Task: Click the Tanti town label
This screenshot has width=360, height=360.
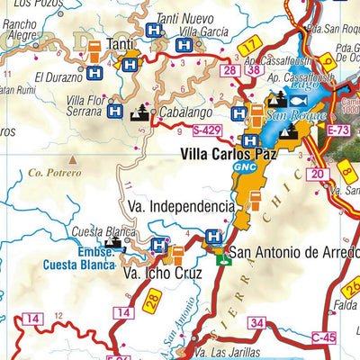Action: (121, 43)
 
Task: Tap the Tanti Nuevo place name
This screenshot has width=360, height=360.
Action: (184, 18)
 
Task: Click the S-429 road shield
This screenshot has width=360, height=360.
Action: (208, 130)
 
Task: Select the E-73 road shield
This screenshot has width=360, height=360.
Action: (338, 131)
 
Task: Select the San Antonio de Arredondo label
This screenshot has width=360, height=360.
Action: (295, 252)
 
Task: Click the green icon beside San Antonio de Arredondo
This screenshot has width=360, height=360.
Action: (222, 261)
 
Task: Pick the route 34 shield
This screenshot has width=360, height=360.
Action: (257, 322)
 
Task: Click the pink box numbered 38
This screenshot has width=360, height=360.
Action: (255, 69)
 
